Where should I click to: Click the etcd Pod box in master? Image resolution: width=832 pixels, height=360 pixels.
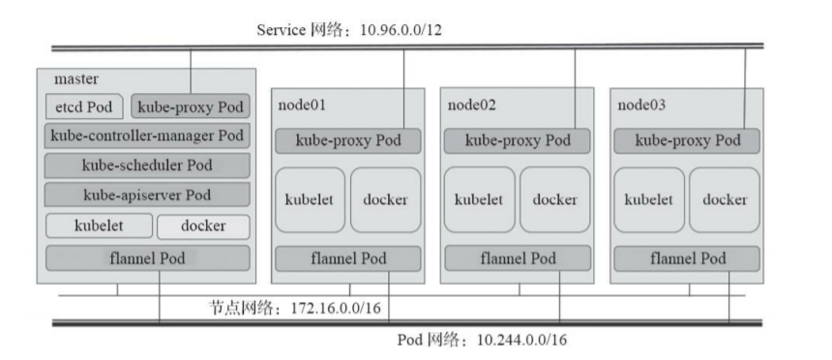pyautogui.click(x=84, y=105)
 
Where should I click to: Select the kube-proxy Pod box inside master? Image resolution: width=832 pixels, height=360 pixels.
pyautogui.click(x=190, y=105)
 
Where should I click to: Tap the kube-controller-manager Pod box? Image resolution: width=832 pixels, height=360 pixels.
pyautogui.click(x=147, y=135)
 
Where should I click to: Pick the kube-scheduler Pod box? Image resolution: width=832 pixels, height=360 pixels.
pyautogui.click(x=147, y=165)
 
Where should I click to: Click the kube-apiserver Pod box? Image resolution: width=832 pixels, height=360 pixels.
pyautogui.click(x=147, y=195)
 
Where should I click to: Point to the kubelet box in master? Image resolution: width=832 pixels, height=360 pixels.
pyautogui.click(x=98, y=226)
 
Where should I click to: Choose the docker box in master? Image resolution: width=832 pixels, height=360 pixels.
pyautogui.click(x=202, y=226)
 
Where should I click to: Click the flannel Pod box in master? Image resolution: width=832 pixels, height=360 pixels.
pyautogui.click(x=147, y=258)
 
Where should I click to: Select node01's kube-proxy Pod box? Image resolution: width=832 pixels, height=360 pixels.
pyautogui.click(x=348, y=140)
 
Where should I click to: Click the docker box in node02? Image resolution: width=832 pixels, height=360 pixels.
pyautogui.click(x=554, y=199)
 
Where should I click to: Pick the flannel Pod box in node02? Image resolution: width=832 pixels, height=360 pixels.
pyautogui.click(x=518, y=258)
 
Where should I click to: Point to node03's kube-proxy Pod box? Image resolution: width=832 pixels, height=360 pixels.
pyautogui.click(x=687, y=140)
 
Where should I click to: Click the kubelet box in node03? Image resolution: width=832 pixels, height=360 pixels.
pyautogui.click(x=649, y=199)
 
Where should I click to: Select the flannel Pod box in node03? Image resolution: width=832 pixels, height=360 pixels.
pyautogui.click(x=687, y=258)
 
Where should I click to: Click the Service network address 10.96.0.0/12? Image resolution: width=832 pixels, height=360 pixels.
pyautogui.click(x=401, y=31)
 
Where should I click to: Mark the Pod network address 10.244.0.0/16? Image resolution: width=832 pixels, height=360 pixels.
pyautogui.click(x=521, y=341)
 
